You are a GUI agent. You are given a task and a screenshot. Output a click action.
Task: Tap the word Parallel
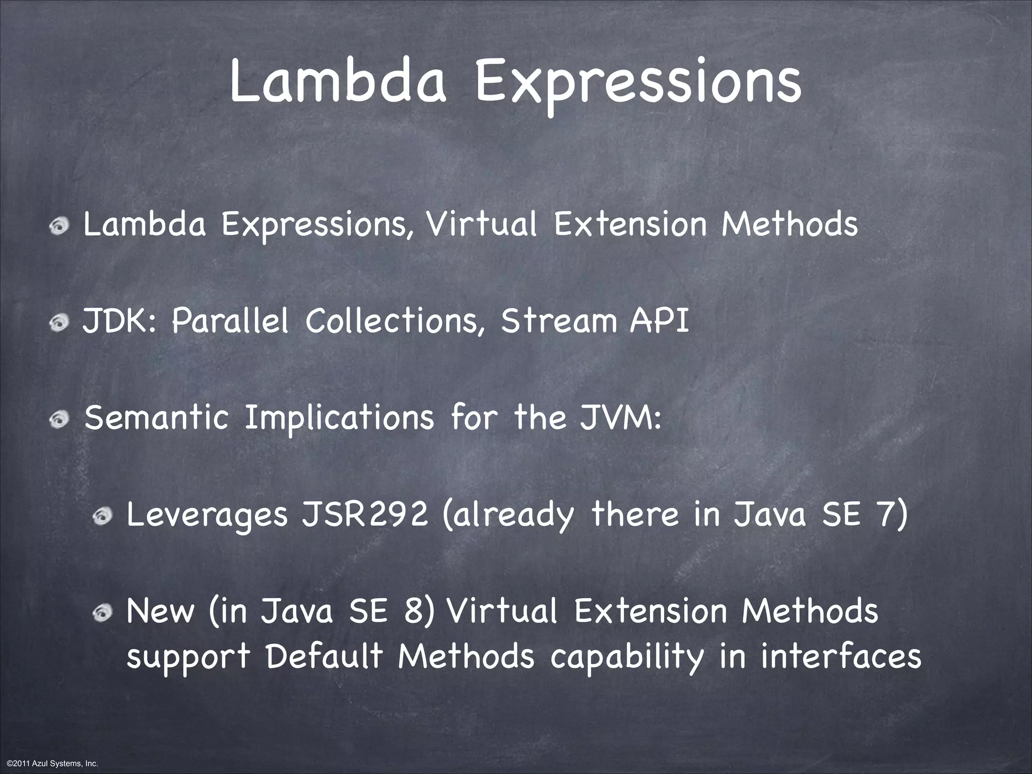point(230,321)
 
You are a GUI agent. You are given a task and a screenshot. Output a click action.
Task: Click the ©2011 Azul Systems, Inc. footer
point(49,764)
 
